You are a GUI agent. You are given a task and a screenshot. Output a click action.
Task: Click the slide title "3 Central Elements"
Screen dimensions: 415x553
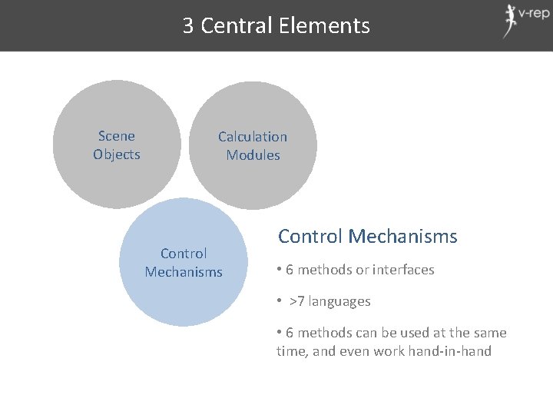point(276,26)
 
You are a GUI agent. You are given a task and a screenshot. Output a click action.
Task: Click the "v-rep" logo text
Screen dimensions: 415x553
point(534,13)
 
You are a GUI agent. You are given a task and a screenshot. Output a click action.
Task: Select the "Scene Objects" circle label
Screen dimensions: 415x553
point(117,145)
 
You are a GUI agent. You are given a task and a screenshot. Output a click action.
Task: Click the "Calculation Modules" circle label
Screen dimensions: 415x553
point(253,146)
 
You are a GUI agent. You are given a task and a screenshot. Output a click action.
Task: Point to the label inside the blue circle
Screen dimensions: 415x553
point(184,262)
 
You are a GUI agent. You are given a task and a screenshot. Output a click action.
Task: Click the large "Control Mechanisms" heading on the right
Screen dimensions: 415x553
point(367,236)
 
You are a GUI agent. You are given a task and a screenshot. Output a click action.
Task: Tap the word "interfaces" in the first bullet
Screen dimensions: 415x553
point(404,270)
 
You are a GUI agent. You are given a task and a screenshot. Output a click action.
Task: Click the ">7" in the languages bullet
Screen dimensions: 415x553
point(297,301)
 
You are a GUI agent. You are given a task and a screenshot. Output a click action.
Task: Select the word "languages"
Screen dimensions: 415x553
point(340,301)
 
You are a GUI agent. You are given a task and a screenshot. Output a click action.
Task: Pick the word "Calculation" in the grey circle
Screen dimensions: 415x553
point(253,137)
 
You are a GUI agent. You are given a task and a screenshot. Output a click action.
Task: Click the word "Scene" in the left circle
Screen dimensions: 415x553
point(117,136)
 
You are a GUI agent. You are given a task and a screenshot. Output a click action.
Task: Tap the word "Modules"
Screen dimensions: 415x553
point(253,155)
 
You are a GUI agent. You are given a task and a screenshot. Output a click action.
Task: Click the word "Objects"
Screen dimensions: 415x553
point(117,154)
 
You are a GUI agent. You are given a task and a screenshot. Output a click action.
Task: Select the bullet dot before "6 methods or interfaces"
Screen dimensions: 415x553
point(280,270)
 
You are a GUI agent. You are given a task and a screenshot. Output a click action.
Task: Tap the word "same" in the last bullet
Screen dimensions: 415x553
point(490,333)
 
